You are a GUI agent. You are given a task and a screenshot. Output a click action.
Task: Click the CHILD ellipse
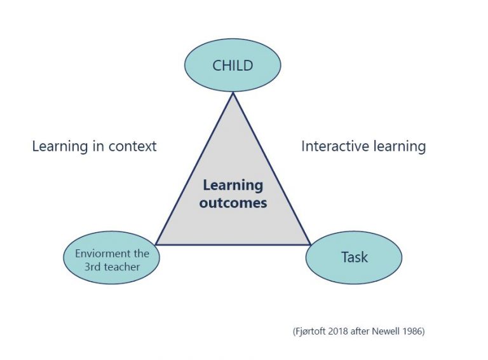[x=233, y=66]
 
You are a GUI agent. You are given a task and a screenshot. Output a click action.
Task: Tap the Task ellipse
[x=354, y=257]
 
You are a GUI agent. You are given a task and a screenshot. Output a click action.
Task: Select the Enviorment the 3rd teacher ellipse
[x=112, y=257]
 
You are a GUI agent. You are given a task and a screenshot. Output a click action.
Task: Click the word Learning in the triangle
[x=233, y=186]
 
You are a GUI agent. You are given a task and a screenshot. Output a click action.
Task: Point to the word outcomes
[x=233, y=203]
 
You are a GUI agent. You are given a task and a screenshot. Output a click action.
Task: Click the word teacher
[x=122, y=267]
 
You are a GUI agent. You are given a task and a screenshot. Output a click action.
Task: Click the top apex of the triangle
[x=233, y=93]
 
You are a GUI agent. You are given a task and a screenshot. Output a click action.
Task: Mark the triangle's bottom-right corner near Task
[x=310, y=244]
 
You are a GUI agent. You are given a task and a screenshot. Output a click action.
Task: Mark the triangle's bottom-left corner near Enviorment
[x=156, y=244]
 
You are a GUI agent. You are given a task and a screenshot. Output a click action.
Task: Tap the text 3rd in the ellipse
[x=92, y=267]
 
